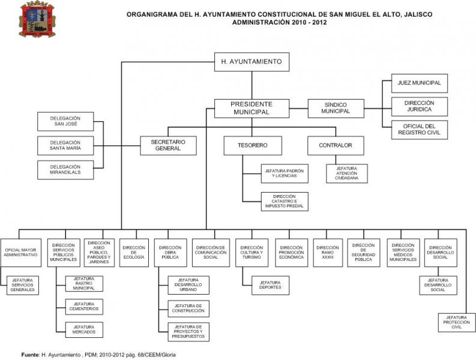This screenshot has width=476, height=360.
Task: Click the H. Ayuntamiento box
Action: pos(252,62)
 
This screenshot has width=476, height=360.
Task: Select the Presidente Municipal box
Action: pos(251,108)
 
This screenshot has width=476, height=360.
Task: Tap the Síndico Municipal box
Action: pos(335,108)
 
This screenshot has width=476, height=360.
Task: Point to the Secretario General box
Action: pos(168,145)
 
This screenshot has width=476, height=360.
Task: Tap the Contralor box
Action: pos(335,145)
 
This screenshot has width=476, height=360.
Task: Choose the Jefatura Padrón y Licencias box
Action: pos(284,174)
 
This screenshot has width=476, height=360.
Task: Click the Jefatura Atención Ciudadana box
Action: pos(347,174)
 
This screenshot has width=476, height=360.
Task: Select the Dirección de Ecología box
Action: pos(133,253)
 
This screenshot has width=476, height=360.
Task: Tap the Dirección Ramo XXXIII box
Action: pos(328,253)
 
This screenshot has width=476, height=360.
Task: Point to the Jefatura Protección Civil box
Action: pos(457,322)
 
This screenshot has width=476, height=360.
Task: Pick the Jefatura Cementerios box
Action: pos(83,306)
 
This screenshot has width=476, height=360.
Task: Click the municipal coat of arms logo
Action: pos(37,20)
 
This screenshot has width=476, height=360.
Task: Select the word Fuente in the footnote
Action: pos(29,354)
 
